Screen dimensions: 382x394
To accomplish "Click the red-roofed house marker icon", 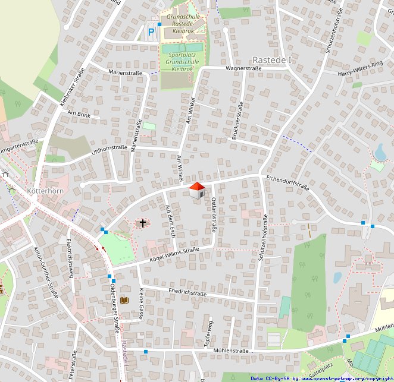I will click(197, 191).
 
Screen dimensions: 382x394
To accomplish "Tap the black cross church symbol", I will click(142, 223).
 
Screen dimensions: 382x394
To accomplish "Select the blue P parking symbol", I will click(151, 32).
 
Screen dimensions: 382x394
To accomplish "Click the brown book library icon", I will click(124, 300).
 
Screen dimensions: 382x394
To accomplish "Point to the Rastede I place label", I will click(272, 61).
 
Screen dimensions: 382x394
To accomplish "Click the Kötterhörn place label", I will click(45, 191).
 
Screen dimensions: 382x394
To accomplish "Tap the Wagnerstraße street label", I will click(243, 69).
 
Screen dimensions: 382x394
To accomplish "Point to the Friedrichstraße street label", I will click(187, 292).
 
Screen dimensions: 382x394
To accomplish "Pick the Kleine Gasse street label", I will click(141, 304).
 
